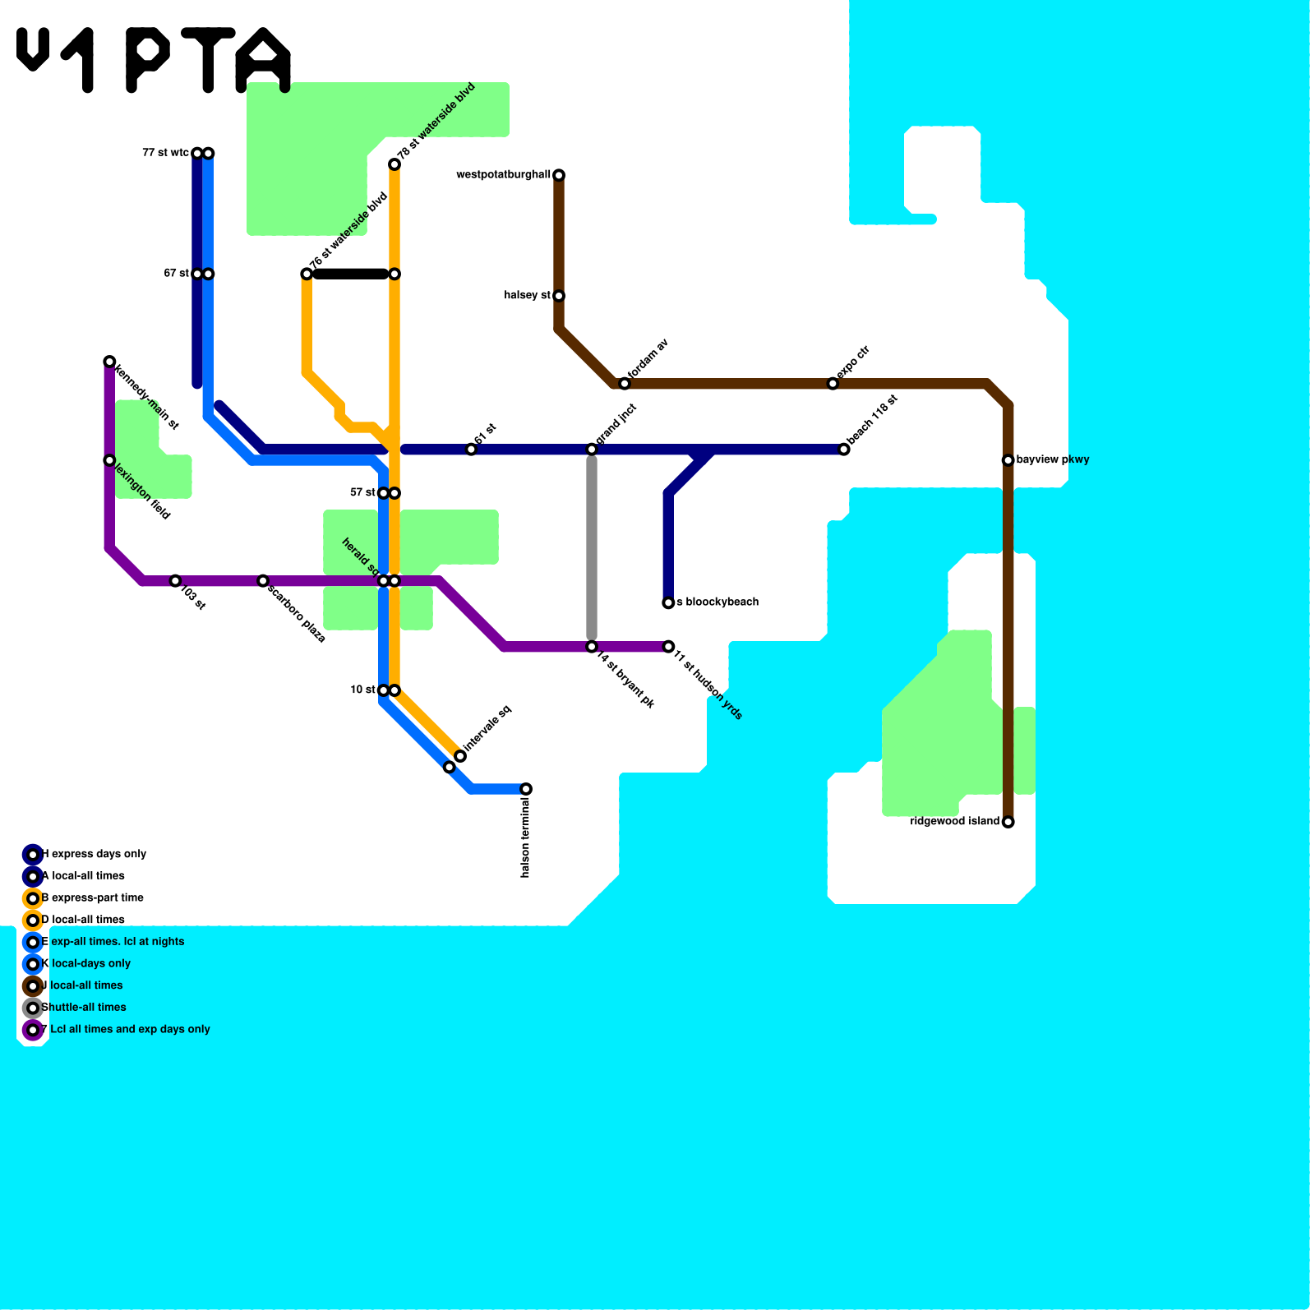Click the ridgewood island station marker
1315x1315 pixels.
[1008, 822]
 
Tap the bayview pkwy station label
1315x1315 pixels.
[1052, 459]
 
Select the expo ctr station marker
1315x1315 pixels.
[833, 384]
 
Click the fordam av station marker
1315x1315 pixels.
[625, 384]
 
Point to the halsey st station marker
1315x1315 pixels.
[559, 296]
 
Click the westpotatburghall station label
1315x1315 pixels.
[503, 175]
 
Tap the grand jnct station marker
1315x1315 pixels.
[592, 449]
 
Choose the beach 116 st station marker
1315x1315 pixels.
[844, 450]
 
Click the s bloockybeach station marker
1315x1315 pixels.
[668, 603]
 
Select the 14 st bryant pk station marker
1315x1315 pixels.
[592, 647]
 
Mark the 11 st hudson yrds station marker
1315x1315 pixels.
[668, 647]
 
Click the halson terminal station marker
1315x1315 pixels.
[526, 789]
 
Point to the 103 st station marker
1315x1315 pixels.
[175, 581]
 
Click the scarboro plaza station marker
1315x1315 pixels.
[263, 581]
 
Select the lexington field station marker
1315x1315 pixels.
[109, 460]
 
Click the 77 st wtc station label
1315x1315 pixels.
[165, 153]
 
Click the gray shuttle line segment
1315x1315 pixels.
[592, 547]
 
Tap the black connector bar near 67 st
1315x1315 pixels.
[350, 274]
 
